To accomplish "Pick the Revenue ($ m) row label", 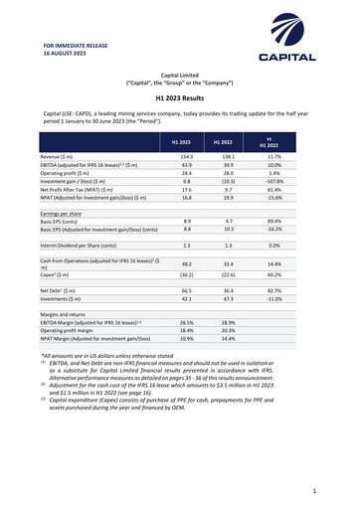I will [58, 158].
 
